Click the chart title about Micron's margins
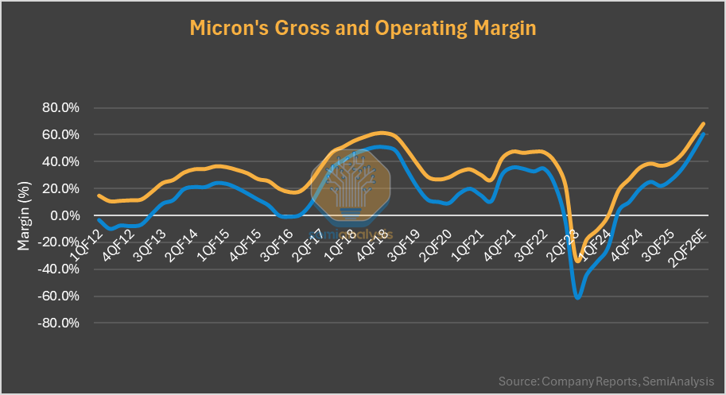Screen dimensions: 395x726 pyautogui.click(x=363, y=29)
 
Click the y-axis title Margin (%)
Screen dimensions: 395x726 pyautogui.click(x=23, y=215)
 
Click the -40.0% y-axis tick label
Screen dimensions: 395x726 pyautogui.click(x=58, y=269)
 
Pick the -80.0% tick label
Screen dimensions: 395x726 pyautogui.click(x=58, y=323)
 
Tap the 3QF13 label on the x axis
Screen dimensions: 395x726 pyautogui.click(x=150, y=241)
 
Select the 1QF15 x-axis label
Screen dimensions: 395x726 pyautogui.click(x=215, y=241)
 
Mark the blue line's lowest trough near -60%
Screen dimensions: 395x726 pyautogui.click(x=577, y=297)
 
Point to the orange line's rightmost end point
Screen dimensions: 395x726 pyautogui.click(x=704, y=123)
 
